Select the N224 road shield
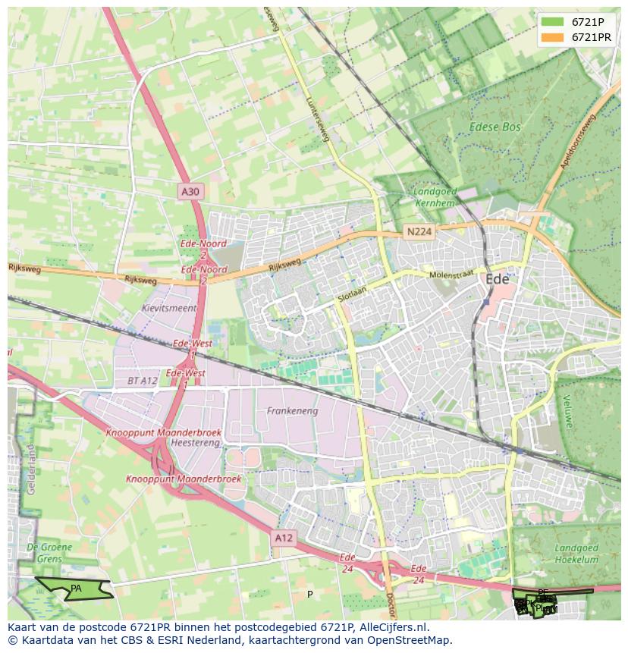pyautogui.click(x=419, y=231)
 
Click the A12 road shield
pyautogui.click(x=283, y=538)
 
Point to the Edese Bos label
pyautogui.click(x=495, y=127)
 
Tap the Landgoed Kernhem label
pyautogui.click(x=435, y=197)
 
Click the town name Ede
pyautogui.click(x=497, y=279)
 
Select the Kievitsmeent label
pyautogui.click(x=168, y=309)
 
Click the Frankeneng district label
pyautogui.click(x=292, y=411)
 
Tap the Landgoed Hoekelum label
pyautogui.click(x=576, y=554)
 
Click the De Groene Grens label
pyautogui.click(x=49, y=553)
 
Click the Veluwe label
pyautogui.click(x=565, y=413)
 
